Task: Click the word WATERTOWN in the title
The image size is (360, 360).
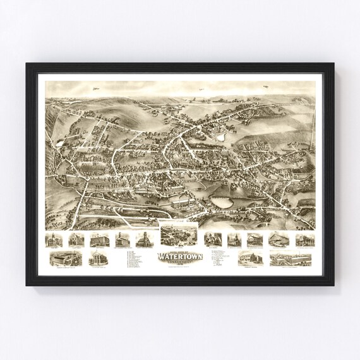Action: [179, 257]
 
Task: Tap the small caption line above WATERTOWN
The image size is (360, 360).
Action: [179, 250]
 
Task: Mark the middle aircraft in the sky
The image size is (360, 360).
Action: [201, 90]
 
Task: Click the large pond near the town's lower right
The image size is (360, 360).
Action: [220, 203]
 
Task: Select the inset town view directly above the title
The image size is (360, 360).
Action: [179, 235]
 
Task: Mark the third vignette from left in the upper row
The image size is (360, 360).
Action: [99, 239]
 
